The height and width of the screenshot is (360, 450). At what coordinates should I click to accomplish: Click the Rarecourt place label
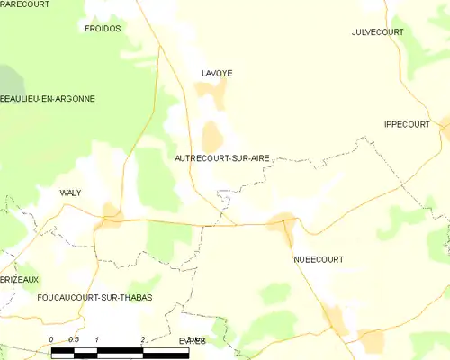(x=23, y=4)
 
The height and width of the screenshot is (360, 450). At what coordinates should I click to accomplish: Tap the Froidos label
(x=102, y=29)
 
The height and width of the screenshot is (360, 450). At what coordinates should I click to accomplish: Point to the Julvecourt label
(x=378, y=32)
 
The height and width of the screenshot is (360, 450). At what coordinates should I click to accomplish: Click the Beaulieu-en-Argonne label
(x=47, y=98)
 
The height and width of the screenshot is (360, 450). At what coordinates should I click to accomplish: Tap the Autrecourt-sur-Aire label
(x=220, y=157)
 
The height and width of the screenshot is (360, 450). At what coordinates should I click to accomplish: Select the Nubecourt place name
(x=318, y=259)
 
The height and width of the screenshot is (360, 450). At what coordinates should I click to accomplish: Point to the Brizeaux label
(x=19, y=280)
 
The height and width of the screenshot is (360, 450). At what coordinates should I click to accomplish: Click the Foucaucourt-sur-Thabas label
(x=94, y=297)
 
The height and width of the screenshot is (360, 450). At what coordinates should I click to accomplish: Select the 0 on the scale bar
(x=51, y=339)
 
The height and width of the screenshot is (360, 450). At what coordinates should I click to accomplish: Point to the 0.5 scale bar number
(x=74, y=339)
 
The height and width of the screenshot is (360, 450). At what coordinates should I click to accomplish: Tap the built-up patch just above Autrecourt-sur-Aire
(x=212, y=138)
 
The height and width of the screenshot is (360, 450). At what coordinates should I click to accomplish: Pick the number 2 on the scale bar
(x=143, y=339)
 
